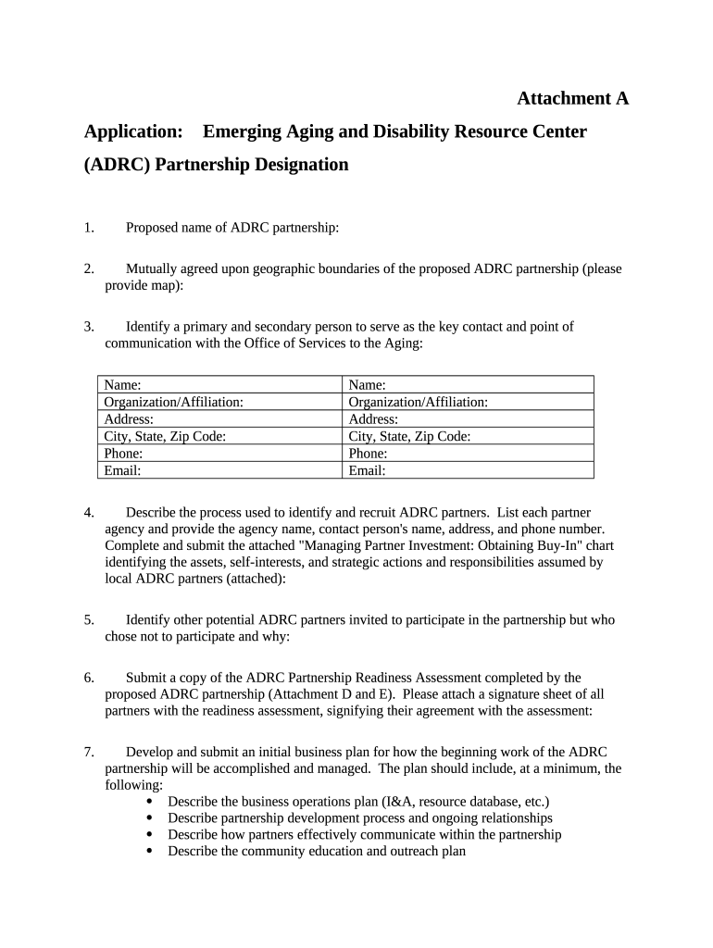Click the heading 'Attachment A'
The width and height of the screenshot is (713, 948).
(x=572, y=98)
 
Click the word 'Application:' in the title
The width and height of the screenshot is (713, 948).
(x=132, y=131)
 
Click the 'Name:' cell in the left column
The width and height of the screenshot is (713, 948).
(x=219, y=385)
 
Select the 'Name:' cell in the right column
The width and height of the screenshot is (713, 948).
(x=469, y=385)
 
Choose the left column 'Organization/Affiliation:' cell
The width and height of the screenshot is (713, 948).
(x=219, y=402)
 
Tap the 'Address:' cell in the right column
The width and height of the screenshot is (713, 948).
(x=469, y=419)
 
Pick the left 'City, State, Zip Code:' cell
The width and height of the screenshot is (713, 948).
(x=219, y=436)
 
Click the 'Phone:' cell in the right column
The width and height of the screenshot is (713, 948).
(x=469, y=454)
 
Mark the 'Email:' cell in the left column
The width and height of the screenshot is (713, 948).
(x=219, y=470)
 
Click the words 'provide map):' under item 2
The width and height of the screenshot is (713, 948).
(x=144, y=286)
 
